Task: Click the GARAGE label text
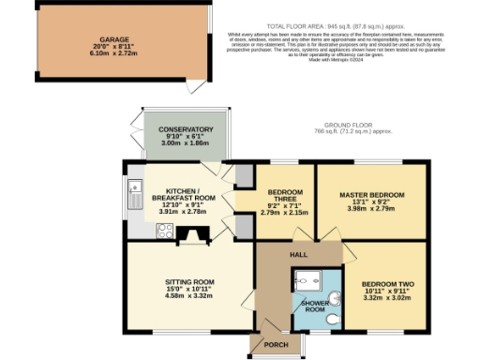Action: (109, 39)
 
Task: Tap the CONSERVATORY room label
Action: (186, 129)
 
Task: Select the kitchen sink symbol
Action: (132, 195)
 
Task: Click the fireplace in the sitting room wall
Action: (193, 236)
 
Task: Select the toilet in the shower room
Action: (333, 319)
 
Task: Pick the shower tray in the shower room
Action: (305, 282)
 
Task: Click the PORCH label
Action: (276, 345)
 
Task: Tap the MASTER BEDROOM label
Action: (372, 195)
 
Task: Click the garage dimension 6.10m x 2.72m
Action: (109, 55)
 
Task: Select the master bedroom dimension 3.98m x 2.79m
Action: (372, 210)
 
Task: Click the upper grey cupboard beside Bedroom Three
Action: (243, 176)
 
